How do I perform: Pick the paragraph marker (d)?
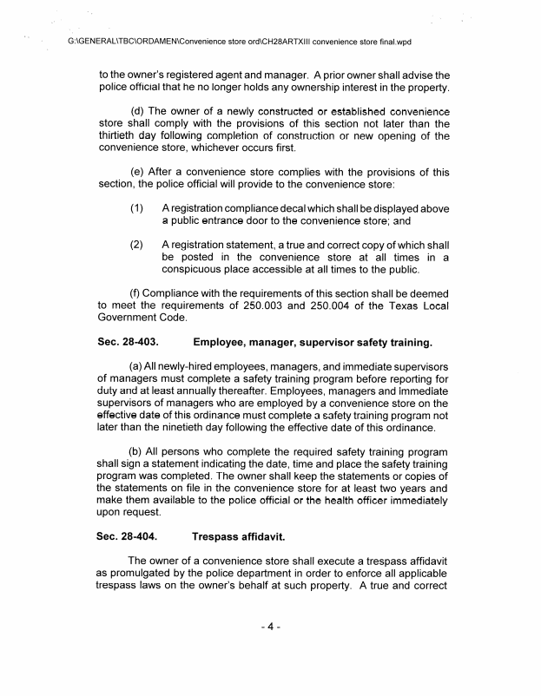137,110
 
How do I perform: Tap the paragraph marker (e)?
137,172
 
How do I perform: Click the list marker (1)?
137,209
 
